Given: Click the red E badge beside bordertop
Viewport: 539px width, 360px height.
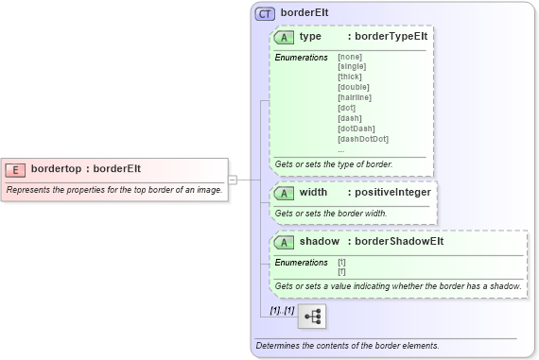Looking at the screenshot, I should (x=15, y=169).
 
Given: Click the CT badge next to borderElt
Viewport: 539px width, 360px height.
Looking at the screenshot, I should (x=266, y=15).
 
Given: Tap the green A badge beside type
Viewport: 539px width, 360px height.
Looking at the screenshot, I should (x=284, y=38).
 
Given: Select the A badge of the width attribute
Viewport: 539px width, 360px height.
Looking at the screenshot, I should (x=284, y=193).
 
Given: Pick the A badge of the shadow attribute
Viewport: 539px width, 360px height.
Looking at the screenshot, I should (x=284, y=242).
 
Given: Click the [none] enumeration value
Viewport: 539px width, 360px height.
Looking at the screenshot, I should (x=350, y=57).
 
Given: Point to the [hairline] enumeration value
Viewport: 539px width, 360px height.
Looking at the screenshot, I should (x=355, y=97).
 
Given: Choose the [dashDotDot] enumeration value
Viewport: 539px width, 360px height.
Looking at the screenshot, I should (x=362, y=139).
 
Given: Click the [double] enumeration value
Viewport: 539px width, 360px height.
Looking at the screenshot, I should (x=353, y=87).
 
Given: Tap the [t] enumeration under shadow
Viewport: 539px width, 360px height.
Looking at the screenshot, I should (x=341, y=262).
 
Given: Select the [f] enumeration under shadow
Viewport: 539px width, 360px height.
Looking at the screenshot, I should (x=341, y=271).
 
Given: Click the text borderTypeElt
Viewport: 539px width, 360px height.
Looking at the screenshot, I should (x=390, y=38).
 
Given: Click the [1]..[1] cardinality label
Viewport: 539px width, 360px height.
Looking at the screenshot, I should (x=282, y=311).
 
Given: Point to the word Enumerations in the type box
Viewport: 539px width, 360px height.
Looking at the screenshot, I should (x=301, y=58).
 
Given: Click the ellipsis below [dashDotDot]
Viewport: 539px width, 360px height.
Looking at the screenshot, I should (x=341, y=149).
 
